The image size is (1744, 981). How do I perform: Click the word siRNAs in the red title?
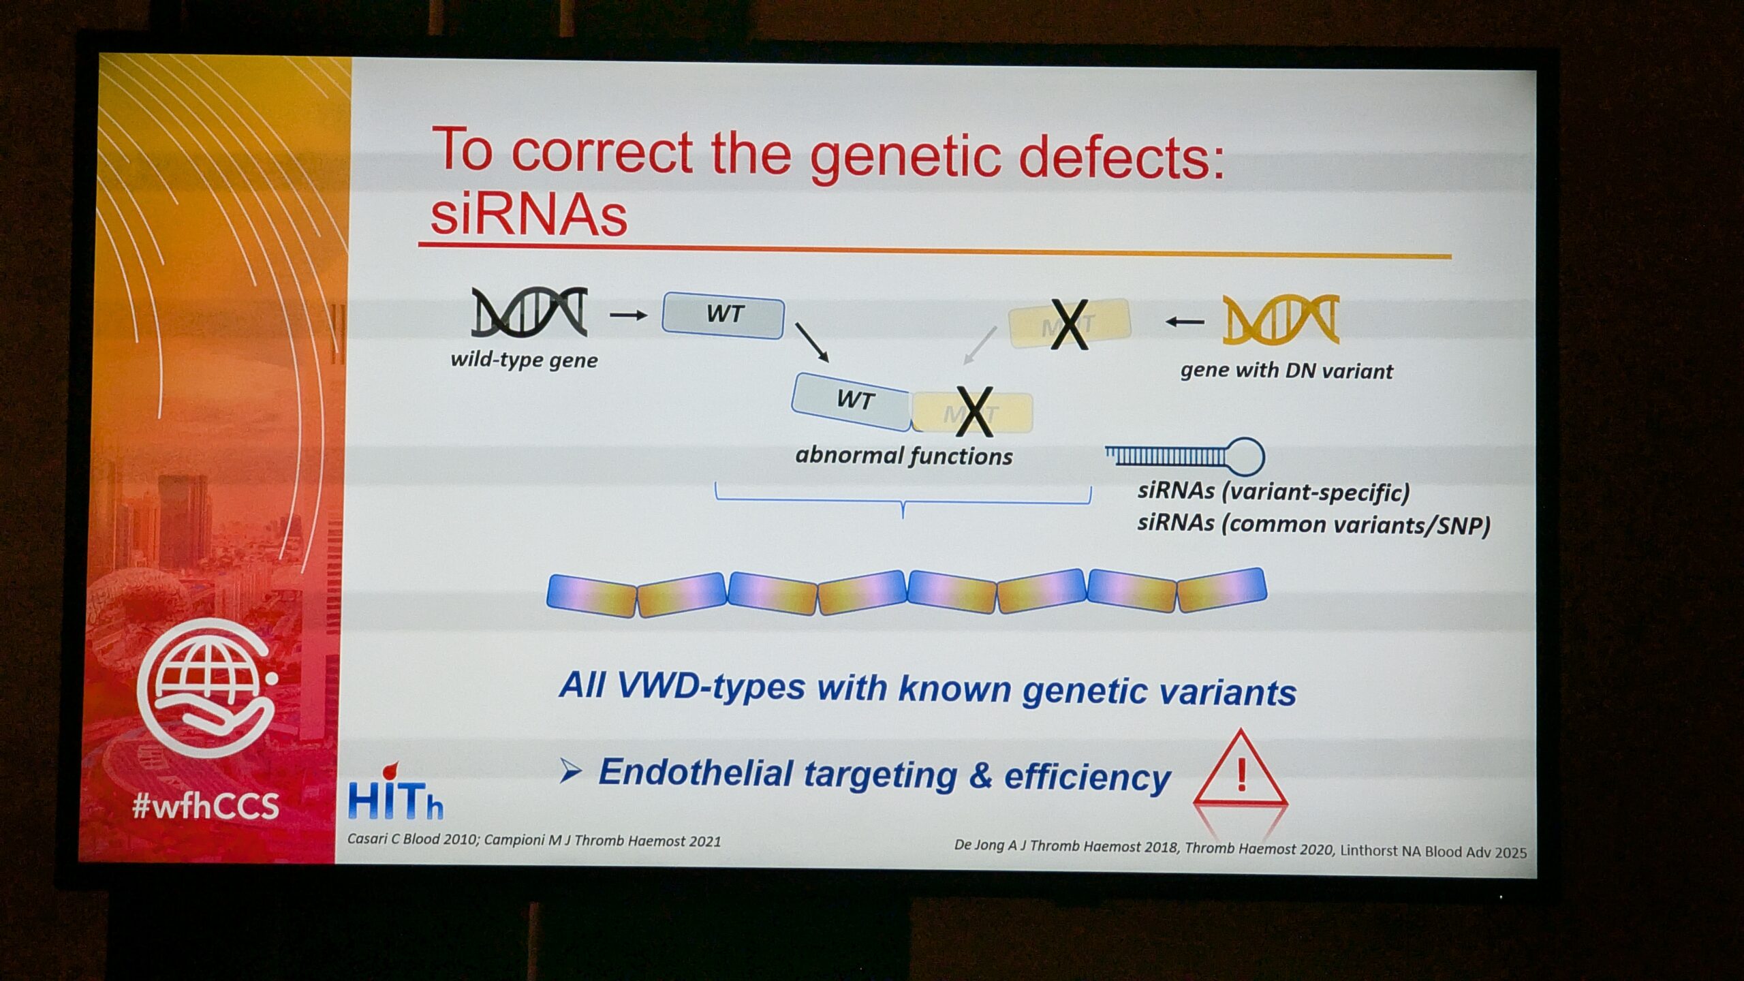coord(529,215)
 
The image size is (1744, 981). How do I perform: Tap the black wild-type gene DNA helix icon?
coord(529,312)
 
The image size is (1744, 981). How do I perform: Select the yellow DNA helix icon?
coord(1281,319)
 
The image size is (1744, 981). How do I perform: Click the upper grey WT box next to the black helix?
coord(723,315)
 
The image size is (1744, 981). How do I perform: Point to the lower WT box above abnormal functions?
coord(852,401)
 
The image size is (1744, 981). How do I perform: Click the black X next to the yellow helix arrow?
coord(1069,324)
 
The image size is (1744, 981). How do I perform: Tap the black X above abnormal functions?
coord(974,411)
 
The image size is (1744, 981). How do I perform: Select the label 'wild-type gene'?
coord(524,360)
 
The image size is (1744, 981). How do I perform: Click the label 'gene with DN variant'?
coord(1286,371)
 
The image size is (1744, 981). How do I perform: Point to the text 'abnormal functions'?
coord(904,455)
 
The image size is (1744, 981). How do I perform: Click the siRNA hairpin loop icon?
coord(1185,456)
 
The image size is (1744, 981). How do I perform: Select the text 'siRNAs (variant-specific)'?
coord(1273,491)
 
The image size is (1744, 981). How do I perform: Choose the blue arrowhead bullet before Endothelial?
coord(570,771)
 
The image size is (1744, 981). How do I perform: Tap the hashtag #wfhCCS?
coord(206,806)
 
